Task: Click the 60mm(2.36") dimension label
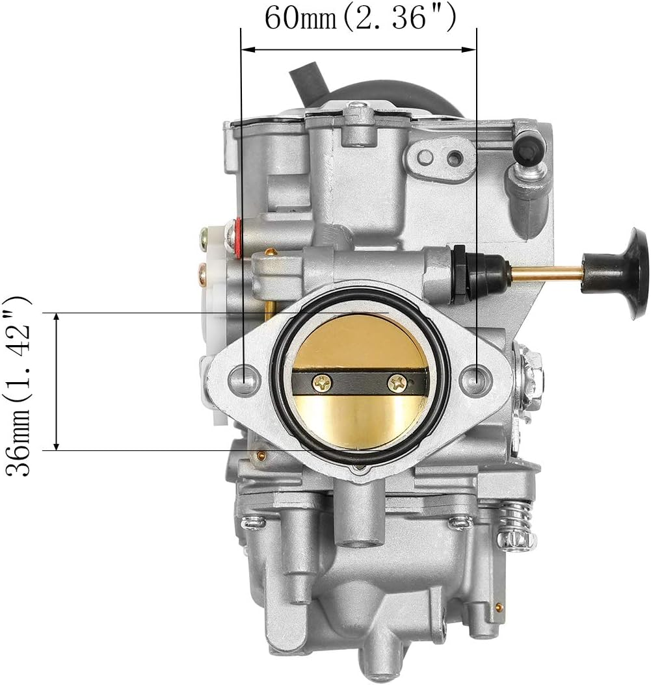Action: point(360,18)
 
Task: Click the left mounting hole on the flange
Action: point(246,377)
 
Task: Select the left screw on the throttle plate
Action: point(321,384)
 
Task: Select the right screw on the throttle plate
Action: point(396,383)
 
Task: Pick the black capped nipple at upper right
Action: point(529,148)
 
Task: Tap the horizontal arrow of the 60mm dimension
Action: point(359,49)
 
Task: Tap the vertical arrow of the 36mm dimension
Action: point(57,381)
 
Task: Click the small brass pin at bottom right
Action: point(499,608)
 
